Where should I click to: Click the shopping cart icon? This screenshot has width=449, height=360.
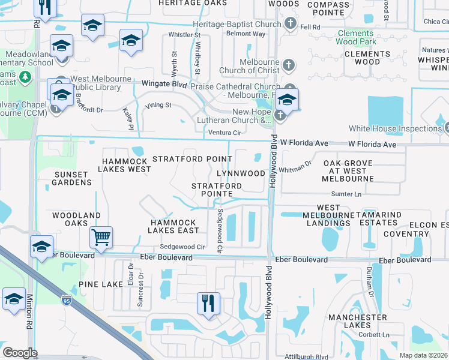click(x=101, y=236)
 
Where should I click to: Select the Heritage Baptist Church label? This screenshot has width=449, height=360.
click(x=237, y=24)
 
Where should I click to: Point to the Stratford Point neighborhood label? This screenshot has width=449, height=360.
click(x=192, y=159)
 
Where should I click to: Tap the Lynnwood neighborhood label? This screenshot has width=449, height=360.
click(x=240, y=173)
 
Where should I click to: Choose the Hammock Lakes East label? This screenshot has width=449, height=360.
click(x=174, y=226)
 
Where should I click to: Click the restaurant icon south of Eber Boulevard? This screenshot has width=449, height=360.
click(x=209, y=302)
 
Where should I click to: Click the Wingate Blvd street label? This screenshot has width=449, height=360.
click(x=164, y=85)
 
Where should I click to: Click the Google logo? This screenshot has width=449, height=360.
click(x=20, y=353)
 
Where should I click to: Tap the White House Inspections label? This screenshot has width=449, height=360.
click(x=395, y=128)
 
